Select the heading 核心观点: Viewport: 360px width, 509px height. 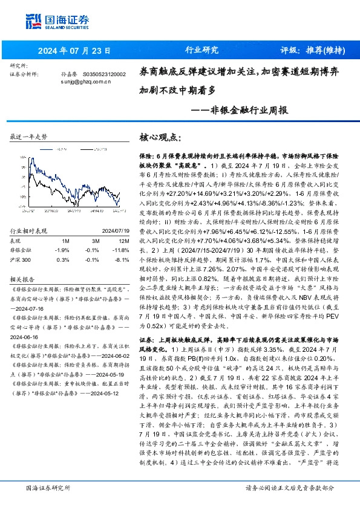[160, 137]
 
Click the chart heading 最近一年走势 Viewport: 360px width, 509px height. [29, 138]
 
